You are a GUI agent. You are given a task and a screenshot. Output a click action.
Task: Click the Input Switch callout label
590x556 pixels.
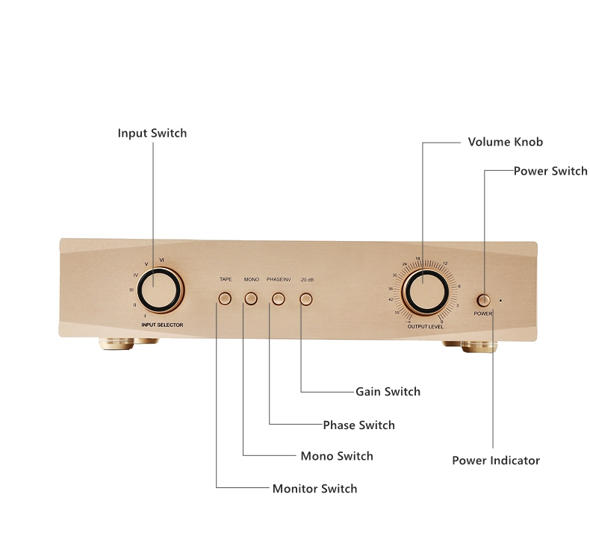point(152,134)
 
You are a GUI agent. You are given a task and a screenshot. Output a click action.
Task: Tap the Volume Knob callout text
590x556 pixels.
point(505,142)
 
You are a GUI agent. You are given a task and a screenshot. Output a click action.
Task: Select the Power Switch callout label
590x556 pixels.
point(550,171)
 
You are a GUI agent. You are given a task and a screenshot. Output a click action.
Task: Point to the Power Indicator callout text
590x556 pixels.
point(496,460)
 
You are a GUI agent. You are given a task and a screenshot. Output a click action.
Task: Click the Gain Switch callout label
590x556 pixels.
point(388,392)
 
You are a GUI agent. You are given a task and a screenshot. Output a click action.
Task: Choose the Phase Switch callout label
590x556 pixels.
point(358,425)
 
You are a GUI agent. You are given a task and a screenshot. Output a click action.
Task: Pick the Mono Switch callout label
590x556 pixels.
point(336,456)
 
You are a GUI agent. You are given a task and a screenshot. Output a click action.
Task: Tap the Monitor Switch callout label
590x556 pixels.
point(314,489)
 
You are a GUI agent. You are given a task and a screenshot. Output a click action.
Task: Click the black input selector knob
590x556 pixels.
point(158,290)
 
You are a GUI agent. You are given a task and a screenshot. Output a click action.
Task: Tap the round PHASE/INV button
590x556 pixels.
point(279,299)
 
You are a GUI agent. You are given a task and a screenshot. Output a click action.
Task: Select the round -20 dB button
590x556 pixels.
point(306,299)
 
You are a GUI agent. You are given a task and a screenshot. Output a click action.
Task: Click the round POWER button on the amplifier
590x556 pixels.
point(484,300)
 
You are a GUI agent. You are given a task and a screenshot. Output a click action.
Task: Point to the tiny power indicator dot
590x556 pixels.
point(500,300)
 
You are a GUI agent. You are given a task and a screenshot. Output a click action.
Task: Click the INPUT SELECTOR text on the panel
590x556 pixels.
point(163,325)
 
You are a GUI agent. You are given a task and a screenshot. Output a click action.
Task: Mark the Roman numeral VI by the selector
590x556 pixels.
point(162,259)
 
